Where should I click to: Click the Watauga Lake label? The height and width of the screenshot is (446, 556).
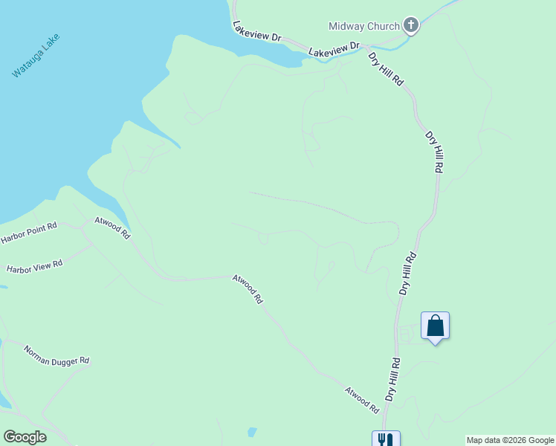pos(36,56)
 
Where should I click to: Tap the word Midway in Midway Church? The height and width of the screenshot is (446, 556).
pos(346,27)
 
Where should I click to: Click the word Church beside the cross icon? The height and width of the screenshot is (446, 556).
pos(384,27)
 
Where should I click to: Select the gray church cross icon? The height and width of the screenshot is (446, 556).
pos(411,26)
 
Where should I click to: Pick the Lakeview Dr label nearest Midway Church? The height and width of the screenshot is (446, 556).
pos(334,50)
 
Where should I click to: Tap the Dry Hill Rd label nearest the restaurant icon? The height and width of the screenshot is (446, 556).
pos(392,379)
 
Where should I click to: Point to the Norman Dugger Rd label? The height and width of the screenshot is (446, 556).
pos(56,355)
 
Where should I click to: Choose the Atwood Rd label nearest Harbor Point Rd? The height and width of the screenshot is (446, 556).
pos(112,227)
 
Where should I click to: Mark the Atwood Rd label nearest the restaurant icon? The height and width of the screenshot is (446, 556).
pos(362,400)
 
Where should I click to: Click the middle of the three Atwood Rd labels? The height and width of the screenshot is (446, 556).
pos(248,289)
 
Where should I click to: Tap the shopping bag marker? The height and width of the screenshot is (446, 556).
pos(436,326)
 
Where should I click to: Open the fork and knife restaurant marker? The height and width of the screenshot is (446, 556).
pos(386,439)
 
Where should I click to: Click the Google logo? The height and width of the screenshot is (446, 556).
pos(25,437)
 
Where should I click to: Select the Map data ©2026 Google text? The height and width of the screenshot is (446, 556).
pos(511,440)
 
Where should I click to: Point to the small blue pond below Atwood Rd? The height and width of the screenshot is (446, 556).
pos(252,432)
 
